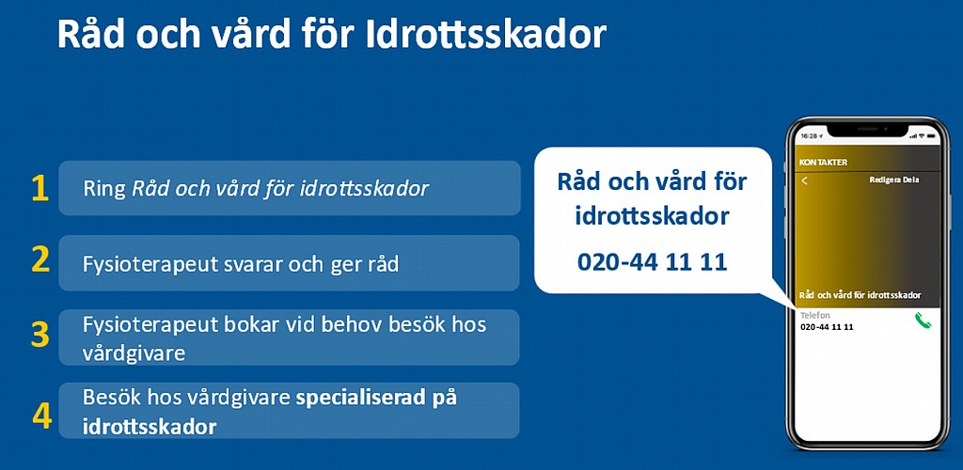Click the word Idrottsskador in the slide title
pyautogui.click(x=486, y=35)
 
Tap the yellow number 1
pyautogui.click(x=39, y=189)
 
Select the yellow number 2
pyautogui.click(x=40, y=260)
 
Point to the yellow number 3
pyautogui.click(x=40, y=336)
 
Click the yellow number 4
pyautogui.click(x=41, y=416)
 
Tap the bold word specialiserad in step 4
pyautogui.click(x=358, y=399)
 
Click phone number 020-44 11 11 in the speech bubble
pyautogui.click(x=653, y=262)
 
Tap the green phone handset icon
pyautogui.click(x=923, y=321)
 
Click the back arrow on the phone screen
pyautogui.click(x=805, y=181)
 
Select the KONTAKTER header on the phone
pyautogui.click(x=823, y=163)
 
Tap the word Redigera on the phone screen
pyautogui.click(x=884, y=180)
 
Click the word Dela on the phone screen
pyautogui.click(x=910, y=180)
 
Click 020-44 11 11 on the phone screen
pyautogui.click(x=827, y=327)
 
